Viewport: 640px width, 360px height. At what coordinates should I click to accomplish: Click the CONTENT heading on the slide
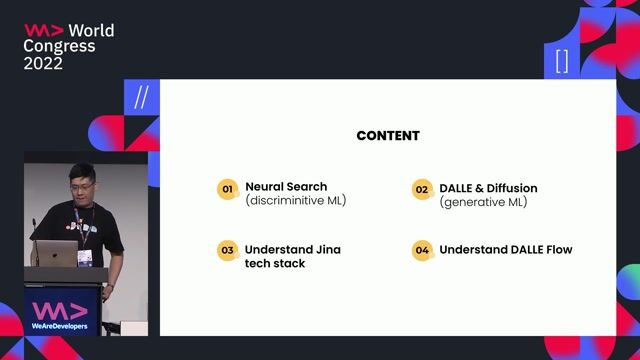pyautogui.click(x=388, y=136)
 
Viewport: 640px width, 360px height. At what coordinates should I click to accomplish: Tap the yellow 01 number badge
pyautogui.click(x=227, y=188)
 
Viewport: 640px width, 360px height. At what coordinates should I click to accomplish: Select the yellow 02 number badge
pyautogui.click(x=421, y=188)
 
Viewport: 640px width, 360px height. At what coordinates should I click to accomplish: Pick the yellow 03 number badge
pyautogui.click(x=227, y=250)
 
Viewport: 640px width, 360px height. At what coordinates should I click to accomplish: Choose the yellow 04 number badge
pyautogui.click(x=421, y=250)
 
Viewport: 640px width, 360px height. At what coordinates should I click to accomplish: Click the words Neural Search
pyautogui.click(x=286, y=187)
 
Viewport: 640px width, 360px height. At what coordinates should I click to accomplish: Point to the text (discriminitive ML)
pyautogui.click(x=296, y=201)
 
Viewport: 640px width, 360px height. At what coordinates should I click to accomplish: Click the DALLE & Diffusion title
pyautogui.click(x=488, y=188)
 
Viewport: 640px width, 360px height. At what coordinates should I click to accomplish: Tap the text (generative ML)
pyautogui.click(x=483, y=202)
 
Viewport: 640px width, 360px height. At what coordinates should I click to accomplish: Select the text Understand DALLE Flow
pyautogui.click(x=506, y=250)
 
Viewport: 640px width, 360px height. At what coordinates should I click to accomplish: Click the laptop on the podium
pyautogui.click(x=60, y=255)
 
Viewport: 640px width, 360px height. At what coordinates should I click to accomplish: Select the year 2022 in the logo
pyautogui.click(x=43, y=63)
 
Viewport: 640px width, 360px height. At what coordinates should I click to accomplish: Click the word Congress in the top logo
pyautogui.click(x=59, y=46)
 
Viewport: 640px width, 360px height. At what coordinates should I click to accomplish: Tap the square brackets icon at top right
pyautogui.click(x=561, y=62)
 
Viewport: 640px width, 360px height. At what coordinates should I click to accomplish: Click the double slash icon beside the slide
pyautogui.click(x=141, y=98)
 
